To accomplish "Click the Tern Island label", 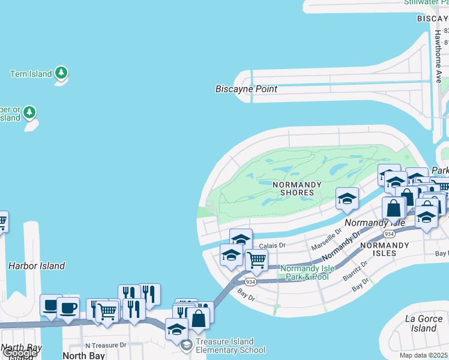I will coord(31,74).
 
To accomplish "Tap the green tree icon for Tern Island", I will coord(61,73).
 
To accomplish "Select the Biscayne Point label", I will coord(246,89).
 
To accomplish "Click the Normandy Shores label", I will coord(294,188).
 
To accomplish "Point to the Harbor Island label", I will coord(37,265).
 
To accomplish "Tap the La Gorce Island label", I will coord(424,323).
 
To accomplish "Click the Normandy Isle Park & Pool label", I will coord(304,272).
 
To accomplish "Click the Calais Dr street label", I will coord(272,245).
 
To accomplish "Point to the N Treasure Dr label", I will coord(106,345).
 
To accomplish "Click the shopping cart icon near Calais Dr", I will coord(256,260).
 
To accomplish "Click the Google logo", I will coord(19,353).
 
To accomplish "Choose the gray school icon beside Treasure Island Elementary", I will coord(187,345).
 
